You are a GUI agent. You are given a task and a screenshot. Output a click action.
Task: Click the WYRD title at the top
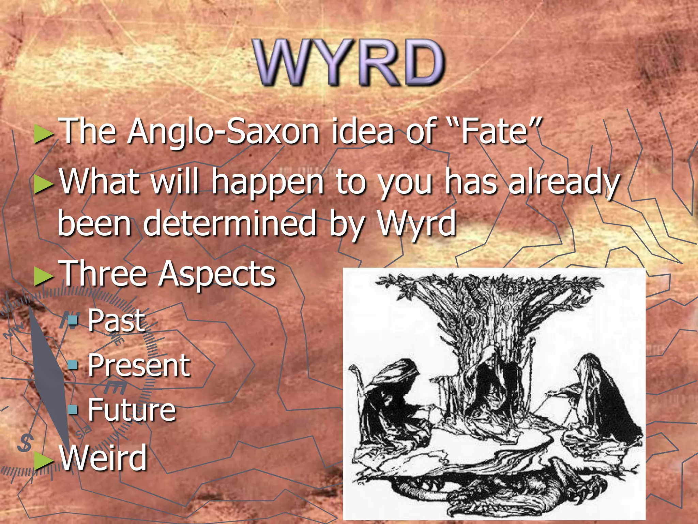[348, 62]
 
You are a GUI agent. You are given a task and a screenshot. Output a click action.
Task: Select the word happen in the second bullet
[267, 183]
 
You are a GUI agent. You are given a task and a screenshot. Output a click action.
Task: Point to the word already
[564, 183]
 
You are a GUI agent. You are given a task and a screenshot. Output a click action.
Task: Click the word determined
[230, 223]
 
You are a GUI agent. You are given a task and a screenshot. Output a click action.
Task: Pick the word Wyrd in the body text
[416, 223]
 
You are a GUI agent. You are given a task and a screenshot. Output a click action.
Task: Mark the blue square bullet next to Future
[73, 409]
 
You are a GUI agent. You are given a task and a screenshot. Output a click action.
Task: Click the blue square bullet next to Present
[73, 365]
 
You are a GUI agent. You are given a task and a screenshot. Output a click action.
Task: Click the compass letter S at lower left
[25, 442]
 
